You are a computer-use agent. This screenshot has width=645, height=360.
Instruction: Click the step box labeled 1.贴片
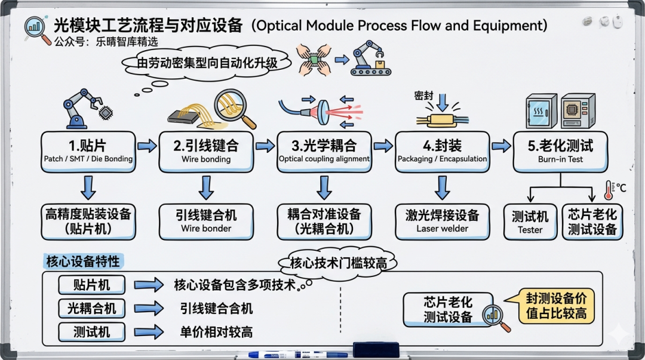click(x=88, y=150)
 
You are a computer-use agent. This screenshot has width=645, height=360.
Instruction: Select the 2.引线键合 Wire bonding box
click(x=206, y=150)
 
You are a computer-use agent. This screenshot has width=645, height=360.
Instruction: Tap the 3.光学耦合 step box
click(x=324, y=150)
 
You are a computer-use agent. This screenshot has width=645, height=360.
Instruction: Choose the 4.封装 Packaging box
click(x=442, y=150)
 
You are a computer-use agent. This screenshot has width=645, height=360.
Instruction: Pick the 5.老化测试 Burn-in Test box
click(x=560, y=150)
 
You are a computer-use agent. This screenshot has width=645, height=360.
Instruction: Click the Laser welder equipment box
click(x=442, y=221)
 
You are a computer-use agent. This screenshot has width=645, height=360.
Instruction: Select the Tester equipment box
click(x=530, y=222)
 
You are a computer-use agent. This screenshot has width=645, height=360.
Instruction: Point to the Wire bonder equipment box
click(x=206, y=221)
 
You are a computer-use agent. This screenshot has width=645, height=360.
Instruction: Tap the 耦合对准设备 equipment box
click(x=324, y=221)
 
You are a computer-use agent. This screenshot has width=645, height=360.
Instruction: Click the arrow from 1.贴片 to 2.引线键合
click(x=147, y=146)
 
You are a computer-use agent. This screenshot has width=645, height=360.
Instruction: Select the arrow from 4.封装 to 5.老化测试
click(x=501, y=146)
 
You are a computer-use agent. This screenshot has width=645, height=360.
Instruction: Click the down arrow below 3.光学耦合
click(x=324, y=187)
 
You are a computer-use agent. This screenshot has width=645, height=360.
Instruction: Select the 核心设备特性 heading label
click(x=83, y=261)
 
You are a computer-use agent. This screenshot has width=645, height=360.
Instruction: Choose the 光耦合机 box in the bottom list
click(x=92, y=308)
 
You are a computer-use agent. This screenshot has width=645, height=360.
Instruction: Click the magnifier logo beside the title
click(x=37, y=29)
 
